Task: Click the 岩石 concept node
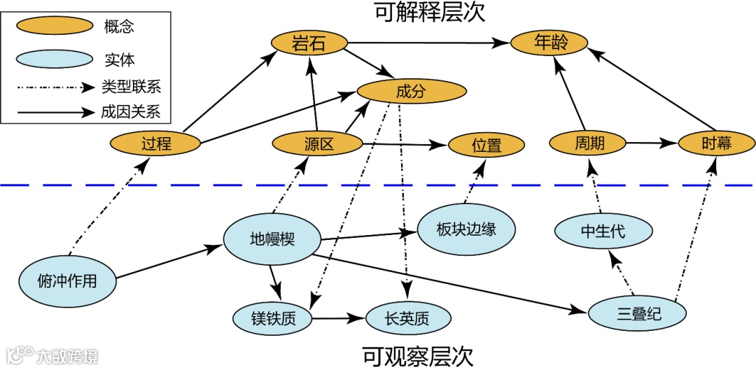click(309, 45)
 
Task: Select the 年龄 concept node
click(549, 43)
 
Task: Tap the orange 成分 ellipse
click(411, 91)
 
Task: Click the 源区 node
click(317, 145)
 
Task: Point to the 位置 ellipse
click(486, 145)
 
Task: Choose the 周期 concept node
click(587, 143)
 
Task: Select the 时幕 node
click(716, 143)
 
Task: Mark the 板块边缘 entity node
click(466, 229)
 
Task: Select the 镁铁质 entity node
click(273, 319)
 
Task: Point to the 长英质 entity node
click(407, 319)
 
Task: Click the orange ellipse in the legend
click(55, 27)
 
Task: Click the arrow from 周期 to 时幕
click(651, 143)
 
